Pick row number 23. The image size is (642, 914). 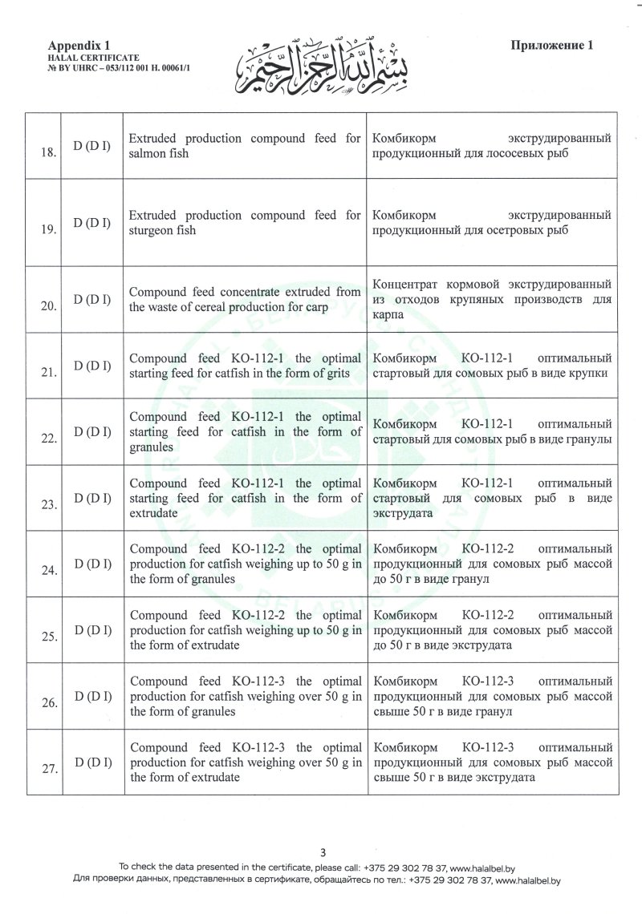click(48, 505)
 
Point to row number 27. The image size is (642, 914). click(48, 769)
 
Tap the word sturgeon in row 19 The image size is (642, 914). click(152, 230)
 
